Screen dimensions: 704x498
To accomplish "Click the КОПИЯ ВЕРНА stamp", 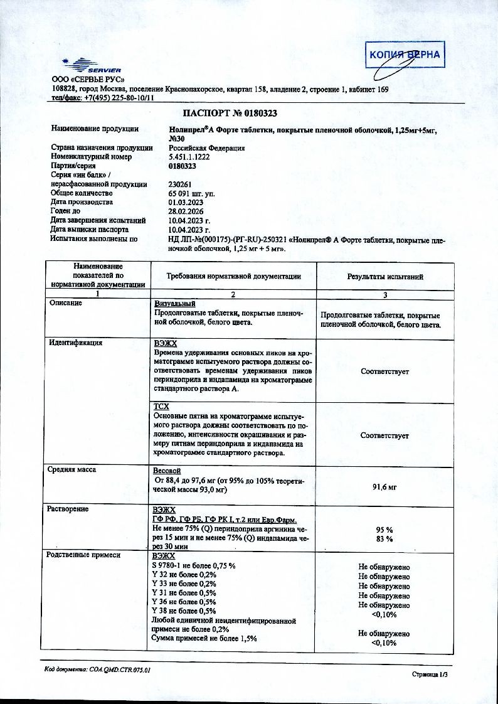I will [405, 55].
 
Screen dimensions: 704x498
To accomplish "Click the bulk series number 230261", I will [181, 184].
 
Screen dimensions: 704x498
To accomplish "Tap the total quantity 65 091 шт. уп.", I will [191, 194].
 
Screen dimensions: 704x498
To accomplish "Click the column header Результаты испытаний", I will [385, 277].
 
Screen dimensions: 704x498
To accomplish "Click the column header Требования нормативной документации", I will [233, 277].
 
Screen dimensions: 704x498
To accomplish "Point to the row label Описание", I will [66, 303].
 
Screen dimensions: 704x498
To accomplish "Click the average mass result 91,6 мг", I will [384, 486].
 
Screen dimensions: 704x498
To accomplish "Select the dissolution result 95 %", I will [384, 529].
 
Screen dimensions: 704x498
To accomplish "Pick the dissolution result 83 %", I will [384, 538].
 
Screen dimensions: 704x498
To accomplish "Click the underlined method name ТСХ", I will [161, 407].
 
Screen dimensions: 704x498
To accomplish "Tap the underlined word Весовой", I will [167, 471].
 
